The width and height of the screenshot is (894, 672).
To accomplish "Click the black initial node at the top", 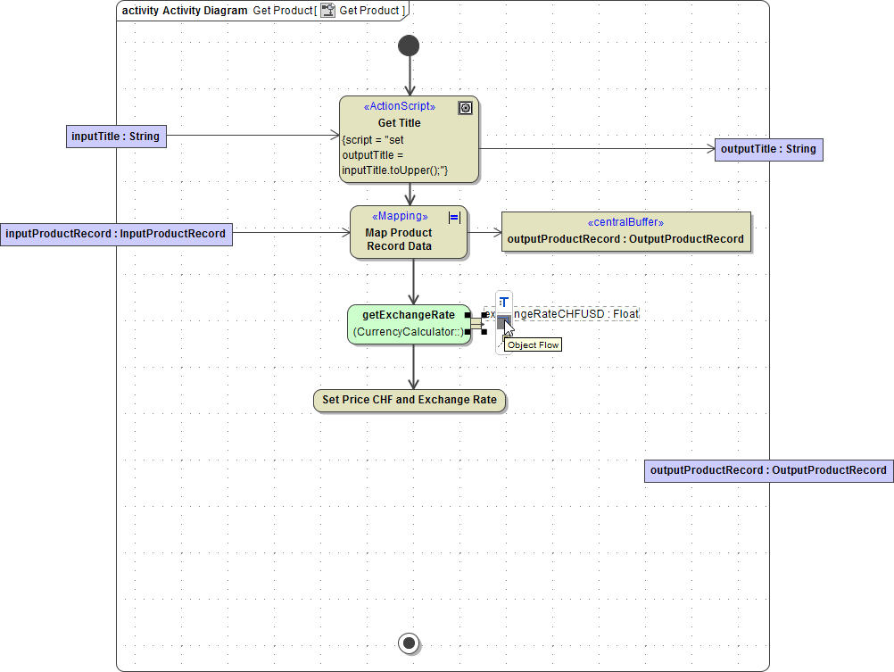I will pos(410,46).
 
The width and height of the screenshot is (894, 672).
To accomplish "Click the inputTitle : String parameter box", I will pos(116,137).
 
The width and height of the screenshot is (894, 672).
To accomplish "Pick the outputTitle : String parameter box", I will pos(768,149).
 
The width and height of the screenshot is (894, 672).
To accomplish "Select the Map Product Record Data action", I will pos(409,233).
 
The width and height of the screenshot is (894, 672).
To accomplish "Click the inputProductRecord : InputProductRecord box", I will pos(116,234).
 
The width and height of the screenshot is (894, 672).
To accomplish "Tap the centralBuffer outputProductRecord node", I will pos(625,232).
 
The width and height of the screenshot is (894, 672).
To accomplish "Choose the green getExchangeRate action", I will pos(409,324).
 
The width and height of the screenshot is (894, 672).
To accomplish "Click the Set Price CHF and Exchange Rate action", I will pos(410,400).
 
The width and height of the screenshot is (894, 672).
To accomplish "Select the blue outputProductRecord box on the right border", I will pos(768,470).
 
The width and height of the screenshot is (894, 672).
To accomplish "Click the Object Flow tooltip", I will pos(533,345).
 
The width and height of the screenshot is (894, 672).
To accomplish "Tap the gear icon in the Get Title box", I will pos(465,108).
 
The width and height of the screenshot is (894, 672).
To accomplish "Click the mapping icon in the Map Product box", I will pos(454,217).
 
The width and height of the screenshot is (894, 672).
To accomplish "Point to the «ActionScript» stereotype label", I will pos(399,106).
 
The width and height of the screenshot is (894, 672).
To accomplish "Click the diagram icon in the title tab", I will pos(328,11).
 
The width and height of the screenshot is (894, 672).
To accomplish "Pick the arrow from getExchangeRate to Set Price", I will pos(413,367).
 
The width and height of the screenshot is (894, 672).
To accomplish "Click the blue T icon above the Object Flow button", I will pos(504,302).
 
